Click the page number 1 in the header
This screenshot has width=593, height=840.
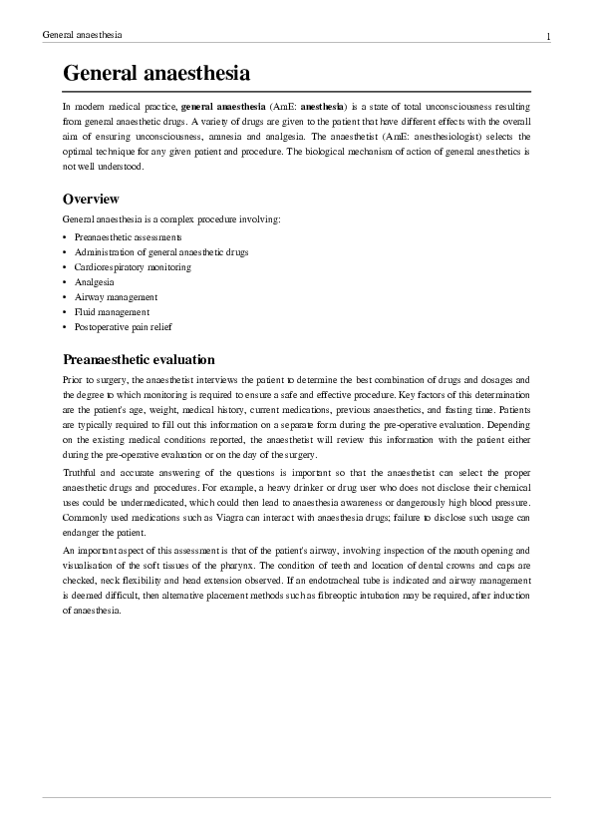548,37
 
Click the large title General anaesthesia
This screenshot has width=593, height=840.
155,74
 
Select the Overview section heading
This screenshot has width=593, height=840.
91,199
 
